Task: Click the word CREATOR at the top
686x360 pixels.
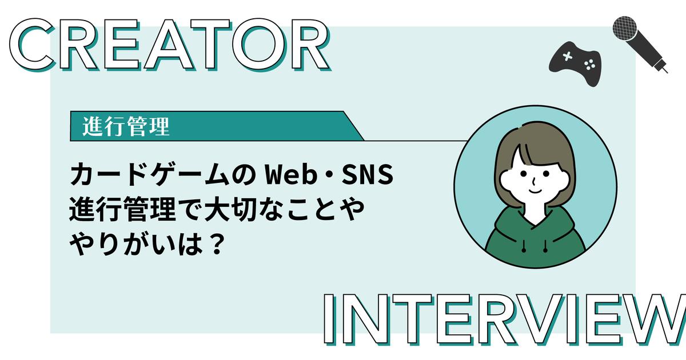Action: [x=170, y=45]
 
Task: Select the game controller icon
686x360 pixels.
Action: [x=575, y=63]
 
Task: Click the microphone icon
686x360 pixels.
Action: [x=640, y=45]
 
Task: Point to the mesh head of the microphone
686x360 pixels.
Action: [x=625, y=28]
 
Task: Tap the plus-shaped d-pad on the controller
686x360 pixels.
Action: [x=568, y=57]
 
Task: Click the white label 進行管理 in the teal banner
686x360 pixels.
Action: [x=126, y=126]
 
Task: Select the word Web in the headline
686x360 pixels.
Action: [x=290, y=174]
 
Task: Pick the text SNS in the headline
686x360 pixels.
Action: [x=368, y=174]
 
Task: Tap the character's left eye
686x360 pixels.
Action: [x=524, y=174]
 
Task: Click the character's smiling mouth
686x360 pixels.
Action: [x=535, y=191]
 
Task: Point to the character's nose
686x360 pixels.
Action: [x=534, y=182]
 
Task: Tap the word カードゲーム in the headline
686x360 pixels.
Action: [x=150, y=174]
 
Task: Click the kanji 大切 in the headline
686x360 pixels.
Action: [x=230, y=209]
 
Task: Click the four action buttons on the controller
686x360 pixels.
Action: [x=589, y=65]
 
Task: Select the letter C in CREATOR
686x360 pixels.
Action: [x=32, y=45]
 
